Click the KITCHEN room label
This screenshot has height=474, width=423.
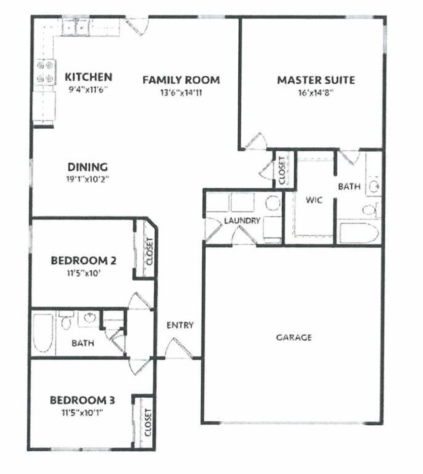(89, 77)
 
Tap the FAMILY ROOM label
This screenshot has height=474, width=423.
(181, 80)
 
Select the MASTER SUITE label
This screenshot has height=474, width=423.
(316, 80)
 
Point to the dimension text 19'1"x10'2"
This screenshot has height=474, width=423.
(88, 179)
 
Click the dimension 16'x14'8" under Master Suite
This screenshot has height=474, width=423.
(316, 92)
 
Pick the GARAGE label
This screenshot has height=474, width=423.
(293, 337)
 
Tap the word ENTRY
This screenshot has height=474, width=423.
(180, 326)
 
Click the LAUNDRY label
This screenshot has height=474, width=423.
(242, 221)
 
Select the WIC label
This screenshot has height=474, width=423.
(314, 200)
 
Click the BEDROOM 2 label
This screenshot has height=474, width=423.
(83, 260)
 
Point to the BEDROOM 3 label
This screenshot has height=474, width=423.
(82, 400)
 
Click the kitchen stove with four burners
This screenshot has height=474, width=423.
(45, 72)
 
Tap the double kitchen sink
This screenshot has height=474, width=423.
(75, 28)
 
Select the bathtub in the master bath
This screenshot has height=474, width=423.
(359, 233)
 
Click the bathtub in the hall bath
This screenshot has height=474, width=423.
(43, 333)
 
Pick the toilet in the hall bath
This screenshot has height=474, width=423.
(67, 320)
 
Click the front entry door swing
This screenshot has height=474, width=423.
(179, 348)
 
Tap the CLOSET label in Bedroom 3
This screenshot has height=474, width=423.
(148, 423)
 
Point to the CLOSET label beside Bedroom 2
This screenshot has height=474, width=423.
(150, 251)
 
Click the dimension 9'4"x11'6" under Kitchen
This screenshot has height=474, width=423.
(89, 90)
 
